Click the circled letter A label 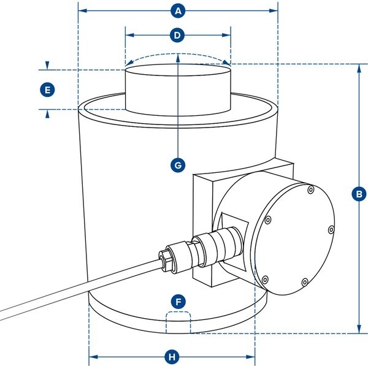pyautogui.click(x=178, y=11)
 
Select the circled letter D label pyautogui.click(x=178, y=36)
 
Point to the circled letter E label pyautogui.click(x=47, y=90)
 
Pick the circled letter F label pyautogui.click(x=178, y=302)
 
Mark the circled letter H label pyautogui.click(x=172, y=356)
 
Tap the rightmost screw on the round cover pyautogui.click(x=331, y=230)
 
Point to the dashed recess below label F pyautogui.click(x=178, y=322)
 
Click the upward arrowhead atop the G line pyautogui.click(x=178, y=58)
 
